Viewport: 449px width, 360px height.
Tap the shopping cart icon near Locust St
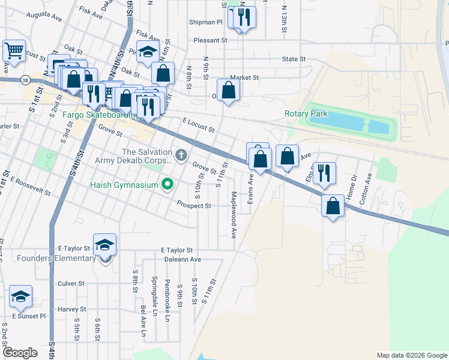[14, 49]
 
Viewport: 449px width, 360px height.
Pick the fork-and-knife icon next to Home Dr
[324, 172]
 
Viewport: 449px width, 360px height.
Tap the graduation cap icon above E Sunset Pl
[20, 296]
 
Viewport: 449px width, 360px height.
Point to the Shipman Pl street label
[208, 22]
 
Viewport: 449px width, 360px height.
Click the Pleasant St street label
[211, 40]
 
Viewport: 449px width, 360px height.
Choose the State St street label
[294, 59]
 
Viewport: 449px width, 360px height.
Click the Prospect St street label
[193, 205]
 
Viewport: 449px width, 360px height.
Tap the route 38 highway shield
[24, 79]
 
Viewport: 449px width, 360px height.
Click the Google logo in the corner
[20, 353]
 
